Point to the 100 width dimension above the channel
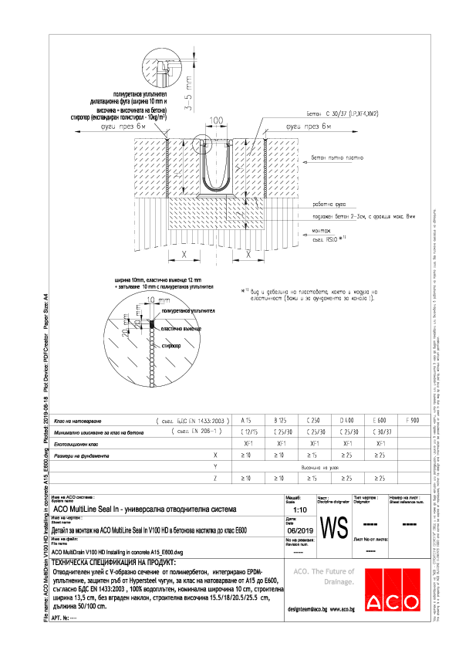(216, 121)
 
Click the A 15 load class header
(248, 419)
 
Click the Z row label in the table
(213, 479)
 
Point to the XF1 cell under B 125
(281, 444)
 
